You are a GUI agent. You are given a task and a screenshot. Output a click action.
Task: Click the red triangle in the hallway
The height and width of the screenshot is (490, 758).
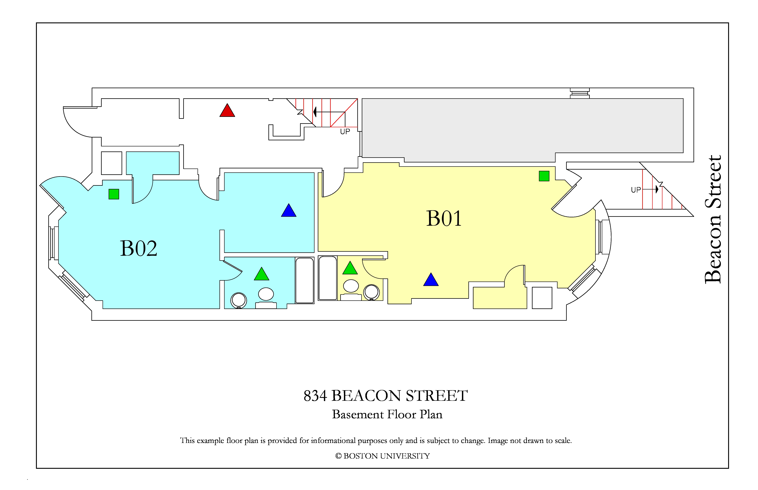pyautogui.click(x=227, y=111)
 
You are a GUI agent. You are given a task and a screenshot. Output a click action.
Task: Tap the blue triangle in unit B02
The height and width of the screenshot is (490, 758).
pyautogui.click(x=288, y=211)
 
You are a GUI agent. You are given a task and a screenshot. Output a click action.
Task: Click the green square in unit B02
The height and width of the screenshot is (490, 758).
pyautogui.click(x=114, y=194)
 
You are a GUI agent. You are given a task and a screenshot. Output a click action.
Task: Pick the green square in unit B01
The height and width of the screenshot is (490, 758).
pyautogui.click(x=544, y=176)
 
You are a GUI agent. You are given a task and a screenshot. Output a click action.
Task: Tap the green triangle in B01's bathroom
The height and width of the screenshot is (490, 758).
pyautogui.click(x=350, y=268)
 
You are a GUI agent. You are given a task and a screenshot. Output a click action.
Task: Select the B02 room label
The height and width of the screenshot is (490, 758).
pyautogui.click(x=139, y=249)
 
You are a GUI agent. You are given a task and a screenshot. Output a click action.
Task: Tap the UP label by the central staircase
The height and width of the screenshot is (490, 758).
pyautogui.click(x=345, y=131)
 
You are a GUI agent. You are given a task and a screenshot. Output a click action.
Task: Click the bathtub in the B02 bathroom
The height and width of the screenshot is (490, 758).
pyautogui.click(x=305, y=280)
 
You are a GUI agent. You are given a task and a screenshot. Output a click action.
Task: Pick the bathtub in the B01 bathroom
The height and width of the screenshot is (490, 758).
pyautogui.click(x=328, y=278)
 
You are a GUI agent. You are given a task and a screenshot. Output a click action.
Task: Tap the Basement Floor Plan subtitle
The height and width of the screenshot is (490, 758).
pyautogui.click(x=387, y=414)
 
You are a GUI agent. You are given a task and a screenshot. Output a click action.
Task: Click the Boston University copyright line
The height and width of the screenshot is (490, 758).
pyautogui.click(x=383, y=456)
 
